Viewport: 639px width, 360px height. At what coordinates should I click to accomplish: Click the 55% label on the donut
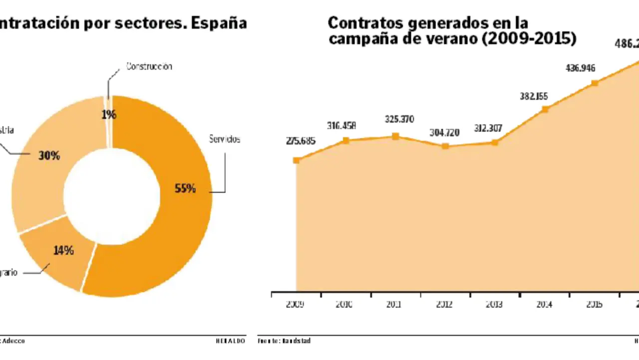pyautogui.click(x=185, y=188)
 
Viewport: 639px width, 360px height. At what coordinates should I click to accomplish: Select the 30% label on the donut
pyautogui.click(x=49, y=155)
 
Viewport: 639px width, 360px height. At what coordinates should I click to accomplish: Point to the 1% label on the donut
pyautogui.click(x=109, y=114)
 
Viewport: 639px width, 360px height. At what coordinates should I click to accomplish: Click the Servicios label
pyautogui.click(x=225, y=139)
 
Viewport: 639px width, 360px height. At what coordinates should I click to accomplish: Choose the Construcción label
pyautogui.click(x=149, y=66)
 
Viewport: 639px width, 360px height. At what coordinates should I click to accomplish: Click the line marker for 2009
pyautogui.click(x=297, y=160)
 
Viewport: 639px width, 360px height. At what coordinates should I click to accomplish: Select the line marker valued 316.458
pyautogui.click(x=346, y=140)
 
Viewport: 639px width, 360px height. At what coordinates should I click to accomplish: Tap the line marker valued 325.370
pyautogui.click(x=395, y=136)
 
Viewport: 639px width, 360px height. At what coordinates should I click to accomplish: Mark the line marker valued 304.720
pyautogui.click(x=445, y=146)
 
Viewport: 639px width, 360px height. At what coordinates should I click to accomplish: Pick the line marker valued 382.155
pyautogui.click(x=545, y=109)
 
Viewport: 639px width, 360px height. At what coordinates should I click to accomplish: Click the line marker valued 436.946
pyautogui.click(x=595, y=83)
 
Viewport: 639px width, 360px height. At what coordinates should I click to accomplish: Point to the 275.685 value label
pyautogui.click(x=301, y=141)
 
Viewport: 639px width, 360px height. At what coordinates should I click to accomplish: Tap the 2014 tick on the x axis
pyautogui.click(x=544, y=304)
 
